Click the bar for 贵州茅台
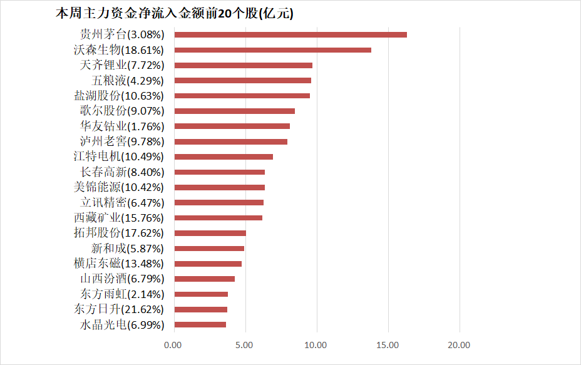290,34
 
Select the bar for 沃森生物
272,50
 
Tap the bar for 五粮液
243,80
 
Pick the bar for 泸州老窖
231,141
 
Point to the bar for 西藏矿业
219,218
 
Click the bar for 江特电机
224,157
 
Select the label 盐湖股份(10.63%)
119,96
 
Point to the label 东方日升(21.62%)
119,309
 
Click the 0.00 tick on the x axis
173,344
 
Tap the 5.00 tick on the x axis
245,344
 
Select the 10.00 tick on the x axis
316,344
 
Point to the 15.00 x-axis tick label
388,344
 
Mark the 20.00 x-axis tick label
459,344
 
